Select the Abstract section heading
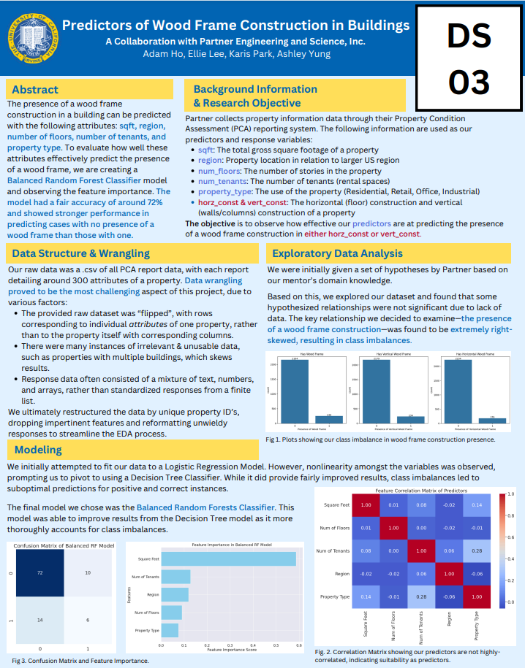click(35, 90)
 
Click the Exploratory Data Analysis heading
click(337, 253)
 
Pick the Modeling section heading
click(38, 450)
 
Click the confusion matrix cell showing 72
click(40, 573)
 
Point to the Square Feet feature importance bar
click(229, 559)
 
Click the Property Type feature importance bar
click(170, 630)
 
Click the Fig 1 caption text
click(380, 439)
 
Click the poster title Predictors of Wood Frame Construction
click(235, 26)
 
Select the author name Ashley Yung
click(306, 54)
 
